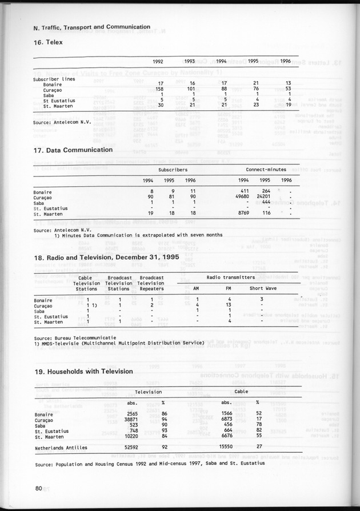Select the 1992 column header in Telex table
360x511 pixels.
pos(159,62)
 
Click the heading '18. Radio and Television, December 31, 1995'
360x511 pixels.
pos(106,257)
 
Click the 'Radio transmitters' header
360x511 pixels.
pos(230,277)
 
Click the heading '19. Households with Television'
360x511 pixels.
pos(83,372)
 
